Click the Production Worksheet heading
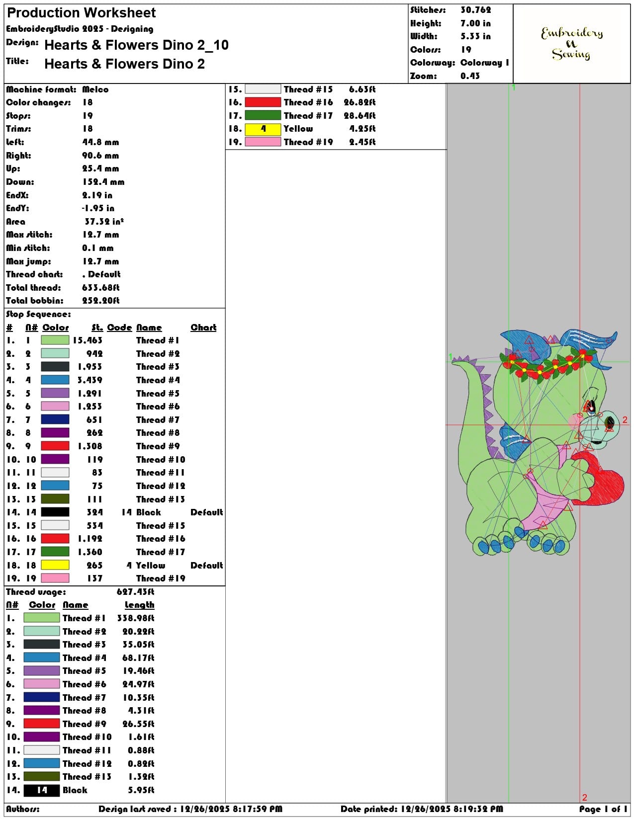pos(81,13)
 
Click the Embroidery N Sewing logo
pos(571,44)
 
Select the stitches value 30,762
pos(476,10)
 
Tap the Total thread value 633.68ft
pos(101,288)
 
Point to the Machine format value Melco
pos(95,89)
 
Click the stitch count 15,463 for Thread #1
pos(88,340)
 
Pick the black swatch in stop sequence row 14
pos(55,512)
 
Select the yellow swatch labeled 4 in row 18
pos(263,129)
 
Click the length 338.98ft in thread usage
pos(136,618)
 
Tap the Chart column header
pos(203,327)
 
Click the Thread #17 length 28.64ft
pos(360,115)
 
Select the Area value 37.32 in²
pos(104,222)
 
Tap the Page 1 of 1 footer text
pos(603,809)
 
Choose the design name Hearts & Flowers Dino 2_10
pos(137,45)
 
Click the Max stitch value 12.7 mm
pos(101,235)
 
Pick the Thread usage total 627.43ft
pos(136,592)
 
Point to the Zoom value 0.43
pos(470,76)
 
